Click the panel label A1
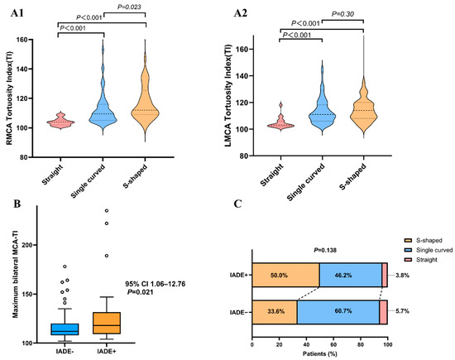[17, 13]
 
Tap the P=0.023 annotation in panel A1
[129, 7]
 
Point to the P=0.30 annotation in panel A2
[342, 13]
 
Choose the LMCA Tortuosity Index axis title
[228, 95]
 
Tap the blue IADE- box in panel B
[65, 329]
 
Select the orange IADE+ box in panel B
[107, 323]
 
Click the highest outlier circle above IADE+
[107, 210]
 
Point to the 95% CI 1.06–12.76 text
[156, 284]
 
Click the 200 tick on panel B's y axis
[29, 245]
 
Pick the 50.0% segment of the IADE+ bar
[286, 275]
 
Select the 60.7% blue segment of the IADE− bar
[338, 312]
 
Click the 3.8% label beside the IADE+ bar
[402, 276]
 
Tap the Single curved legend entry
[429, 250]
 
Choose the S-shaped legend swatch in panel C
[408, 240]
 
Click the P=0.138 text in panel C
[325, 250]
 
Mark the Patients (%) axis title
[320, 353]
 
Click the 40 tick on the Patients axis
[306, 344]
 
